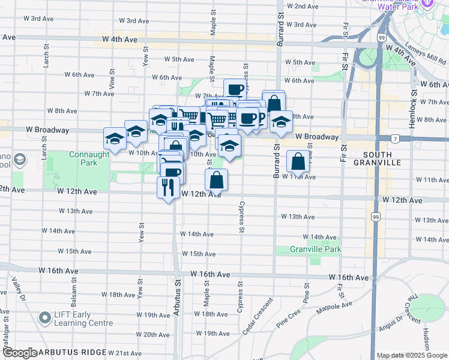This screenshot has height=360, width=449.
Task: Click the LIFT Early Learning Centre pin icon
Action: click(44, 317)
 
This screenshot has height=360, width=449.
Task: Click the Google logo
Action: click(19, 353)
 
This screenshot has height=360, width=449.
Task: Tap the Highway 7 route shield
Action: click(395, 139)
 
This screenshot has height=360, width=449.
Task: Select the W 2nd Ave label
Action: click(302, 6)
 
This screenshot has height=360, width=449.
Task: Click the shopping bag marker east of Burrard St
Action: click(298, 161)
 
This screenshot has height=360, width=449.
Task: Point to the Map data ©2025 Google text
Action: click(412, 355)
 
